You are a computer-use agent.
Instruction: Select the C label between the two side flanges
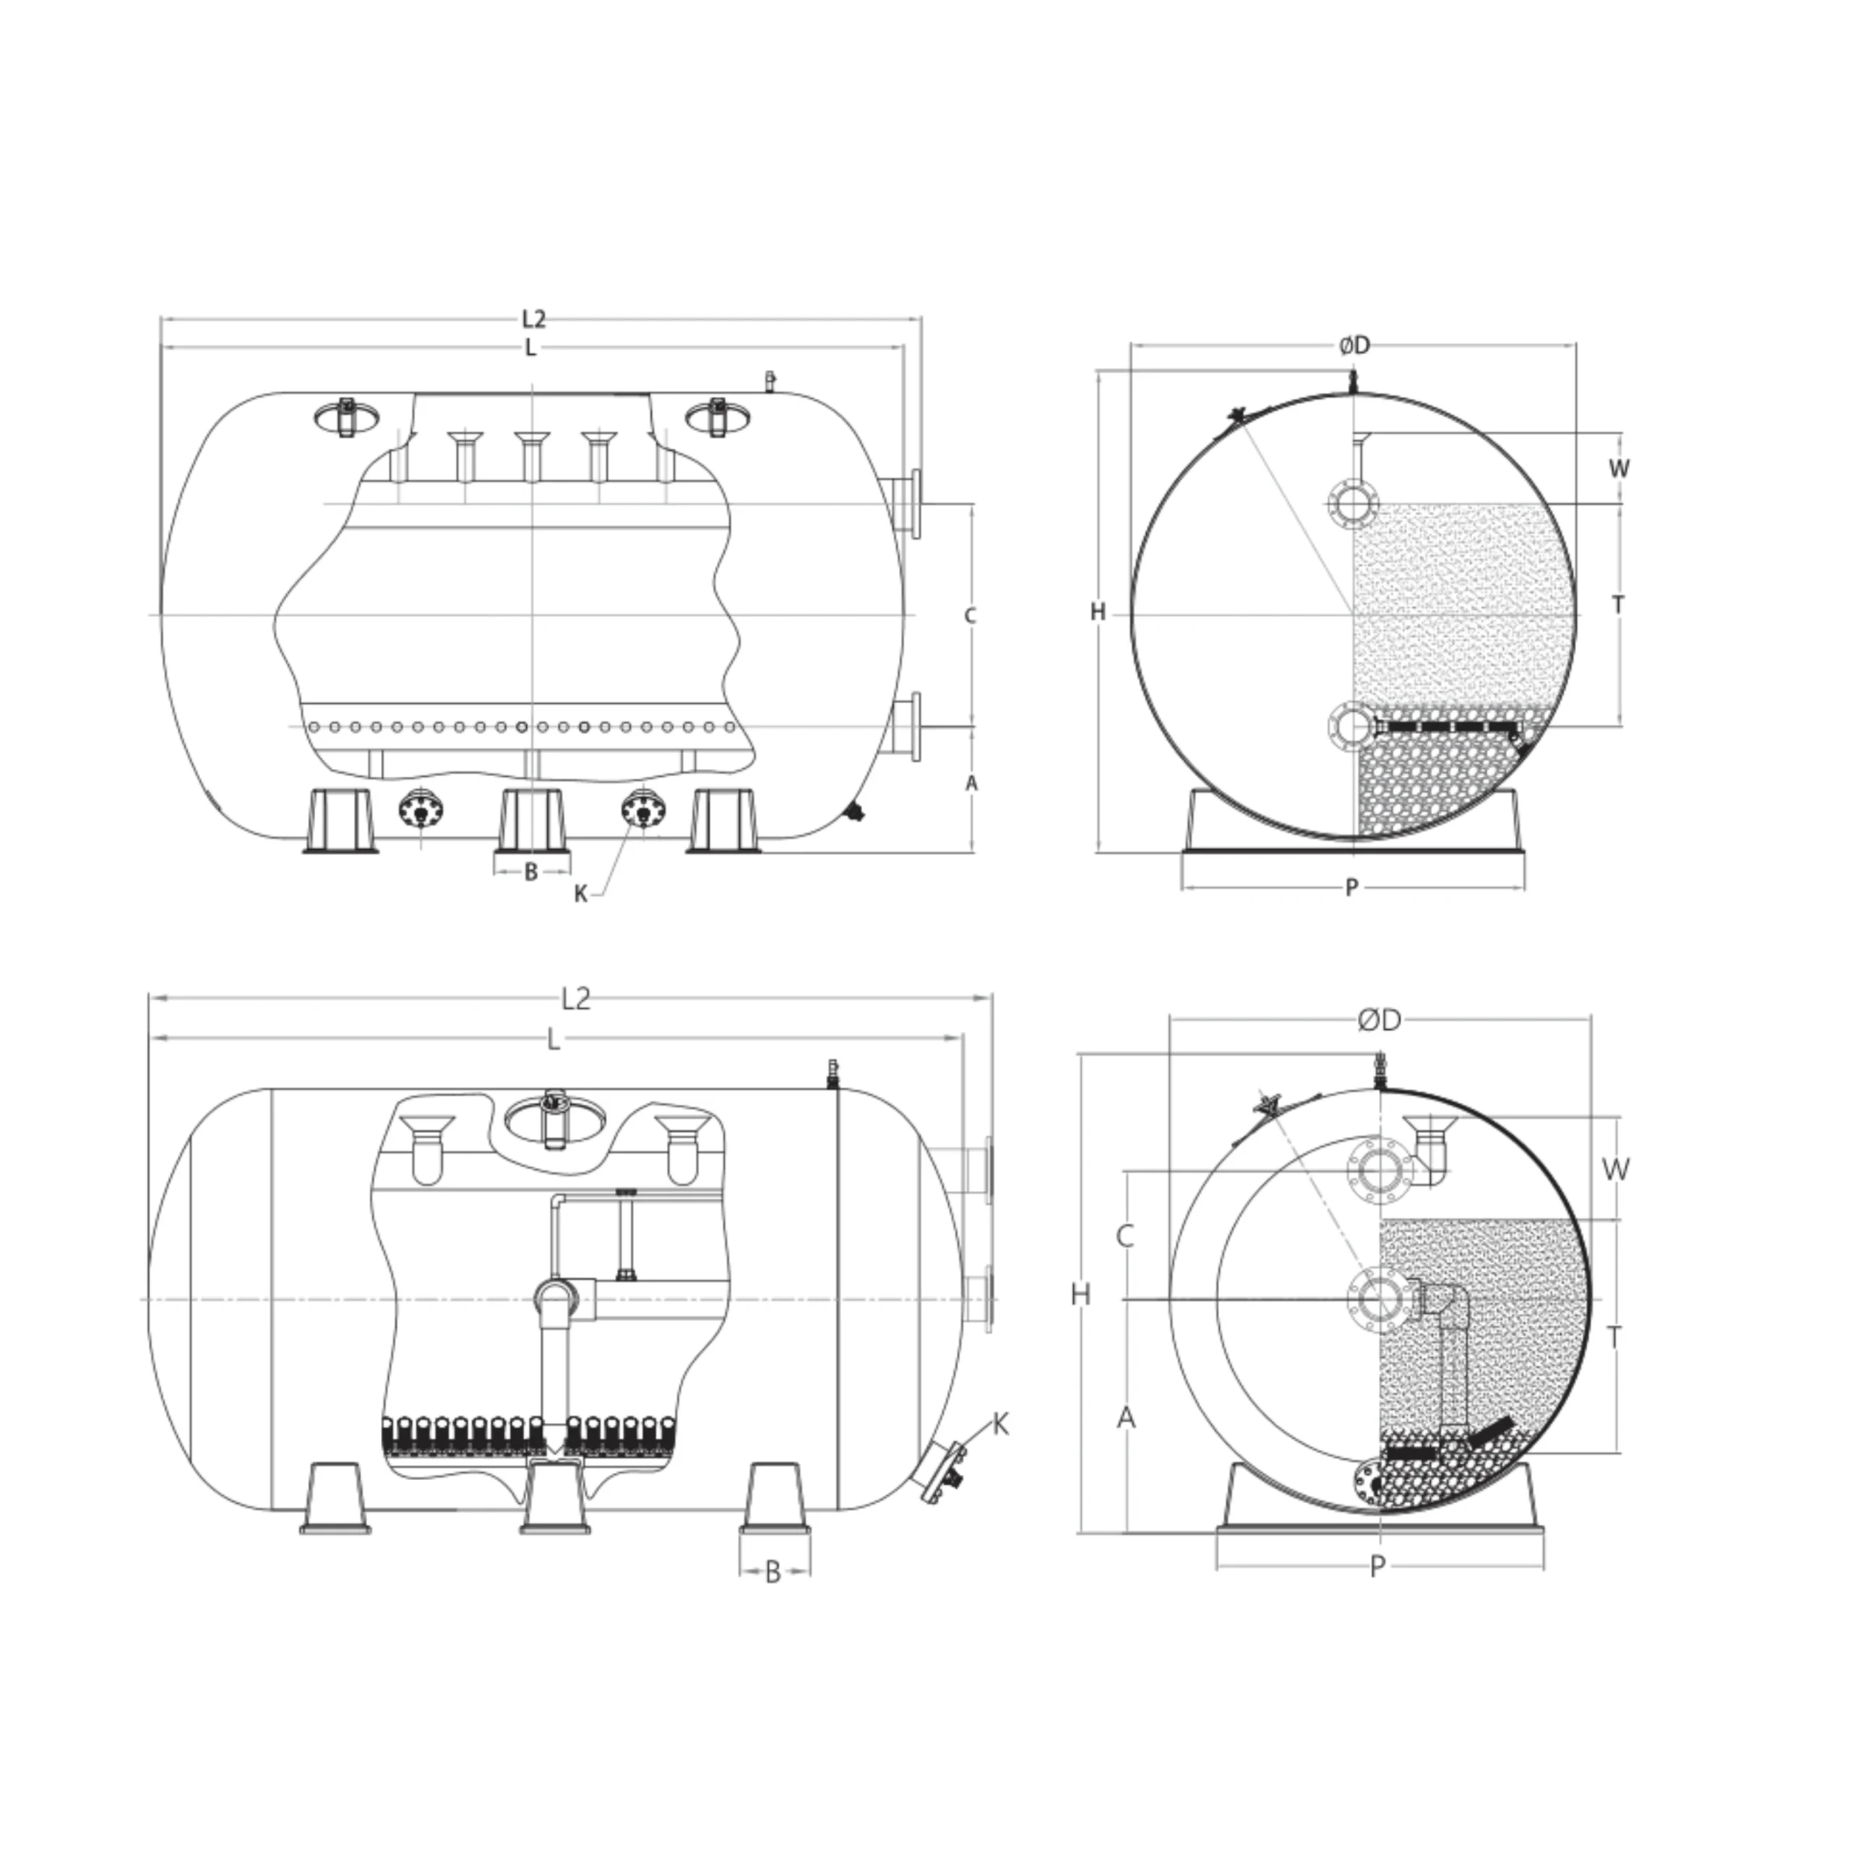pos(970,616)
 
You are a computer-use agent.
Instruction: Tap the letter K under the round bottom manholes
pos(580,895)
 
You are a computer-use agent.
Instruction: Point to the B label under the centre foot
pos(531,872)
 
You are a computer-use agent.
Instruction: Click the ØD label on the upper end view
pos(1354,345)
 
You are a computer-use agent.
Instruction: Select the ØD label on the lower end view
pos(1379,1021)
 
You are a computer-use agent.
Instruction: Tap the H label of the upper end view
pos(1098,612)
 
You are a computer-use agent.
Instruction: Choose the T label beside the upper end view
pos(1618,605)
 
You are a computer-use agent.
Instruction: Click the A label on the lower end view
pos(1126,1417)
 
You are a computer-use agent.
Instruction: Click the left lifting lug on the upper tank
pos(345,416)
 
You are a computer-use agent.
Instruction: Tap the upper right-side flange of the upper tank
pos(905,503)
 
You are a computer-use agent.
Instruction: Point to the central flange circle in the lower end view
pos(1380,1299)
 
